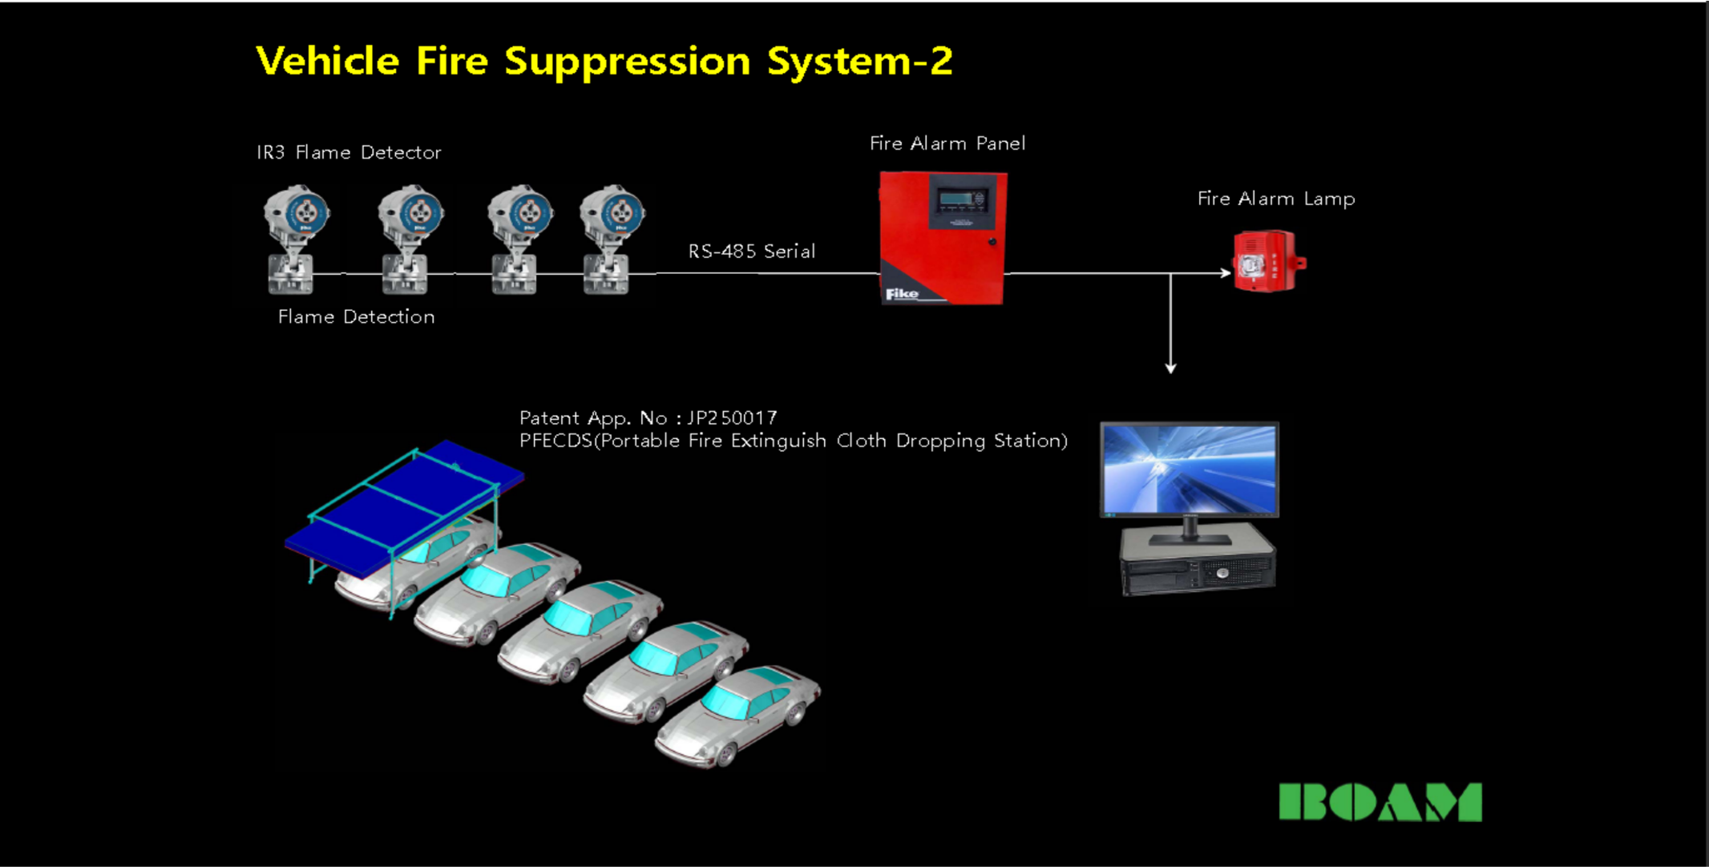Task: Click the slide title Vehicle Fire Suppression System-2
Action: coord(604,62)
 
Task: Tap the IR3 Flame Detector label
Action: coord(349,152)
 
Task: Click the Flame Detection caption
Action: coord(356,317)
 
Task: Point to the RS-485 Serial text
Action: coord(751,252)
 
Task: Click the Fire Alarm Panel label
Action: coord(947,143)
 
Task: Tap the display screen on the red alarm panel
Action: coord(960,200)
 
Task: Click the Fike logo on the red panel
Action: coord(902,294)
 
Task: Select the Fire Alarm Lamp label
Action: coord(1275,199)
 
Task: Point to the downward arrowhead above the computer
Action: coord(1170,368)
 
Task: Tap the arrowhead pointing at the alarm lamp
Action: coord(1226,273)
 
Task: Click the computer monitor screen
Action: coord(1190,470)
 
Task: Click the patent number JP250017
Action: coord(732,418)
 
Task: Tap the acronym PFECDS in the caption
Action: coord(556,441)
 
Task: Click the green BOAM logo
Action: coord(1380,802)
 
